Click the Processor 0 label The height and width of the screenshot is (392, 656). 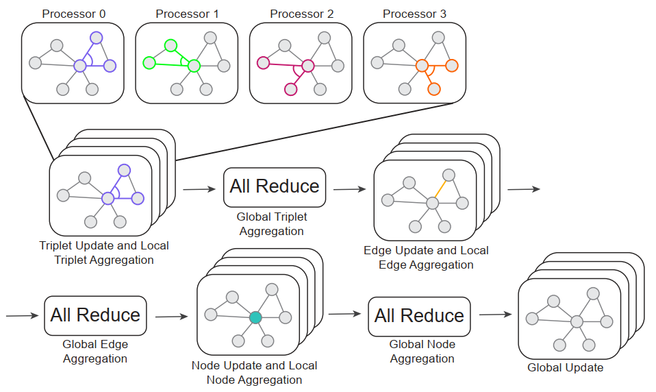74,14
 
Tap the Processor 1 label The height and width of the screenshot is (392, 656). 187,14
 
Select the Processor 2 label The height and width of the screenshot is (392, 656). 302,14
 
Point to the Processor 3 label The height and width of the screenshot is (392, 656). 414,14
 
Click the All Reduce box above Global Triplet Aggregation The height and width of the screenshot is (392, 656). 275,188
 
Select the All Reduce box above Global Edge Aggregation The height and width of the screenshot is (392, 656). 95,316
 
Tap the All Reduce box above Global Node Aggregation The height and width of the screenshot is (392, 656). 419,317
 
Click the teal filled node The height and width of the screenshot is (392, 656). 255,317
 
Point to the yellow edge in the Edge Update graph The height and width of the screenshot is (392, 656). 440,189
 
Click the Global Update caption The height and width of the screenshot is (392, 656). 565,368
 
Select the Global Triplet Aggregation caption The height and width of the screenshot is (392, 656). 272,224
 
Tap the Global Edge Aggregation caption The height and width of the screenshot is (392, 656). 95,352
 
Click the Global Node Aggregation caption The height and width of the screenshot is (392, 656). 422,352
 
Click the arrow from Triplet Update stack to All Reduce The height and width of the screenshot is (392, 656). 199,189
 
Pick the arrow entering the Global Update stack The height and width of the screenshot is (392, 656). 496,314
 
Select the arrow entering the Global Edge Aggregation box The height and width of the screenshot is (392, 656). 23,316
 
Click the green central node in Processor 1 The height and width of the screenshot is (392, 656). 194,66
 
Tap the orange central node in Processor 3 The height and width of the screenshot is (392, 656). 422,66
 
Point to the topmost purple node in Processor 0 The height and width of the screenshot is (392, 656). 97,38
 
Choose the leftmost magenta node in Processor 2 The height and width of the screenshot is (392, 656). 263,63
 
